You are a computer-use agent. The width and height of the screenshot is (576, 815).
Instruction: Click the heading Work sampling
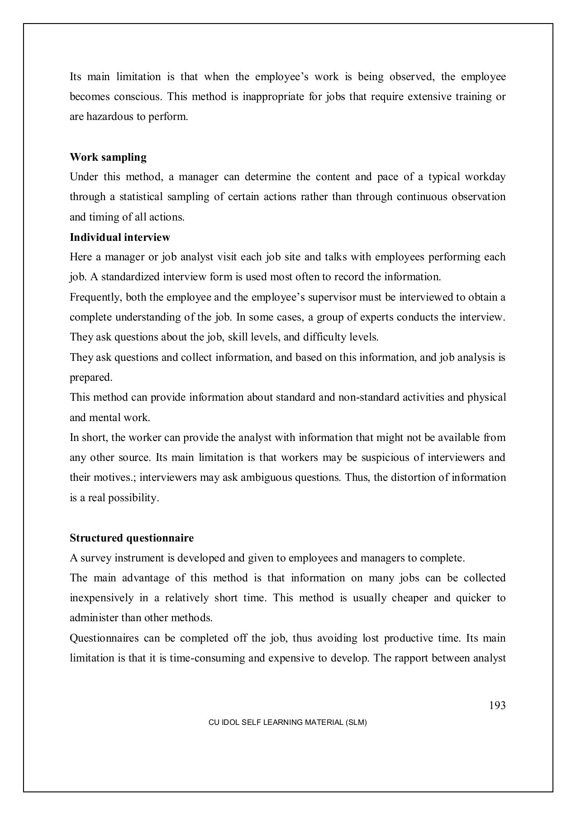coord(108,158)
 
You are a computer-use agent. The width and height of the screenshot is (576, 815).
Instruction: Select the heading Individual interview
coord(120,237)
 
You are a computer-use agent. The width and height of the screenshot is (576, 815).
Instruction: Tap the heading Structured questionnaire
coord(132,538)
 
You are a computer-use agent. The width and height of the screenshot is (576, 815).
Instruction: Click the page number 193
coord(497,705)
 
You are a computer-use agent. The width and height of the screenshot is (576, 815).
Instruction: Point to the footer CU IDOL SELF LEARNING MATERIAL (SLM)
coord(287,723)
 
